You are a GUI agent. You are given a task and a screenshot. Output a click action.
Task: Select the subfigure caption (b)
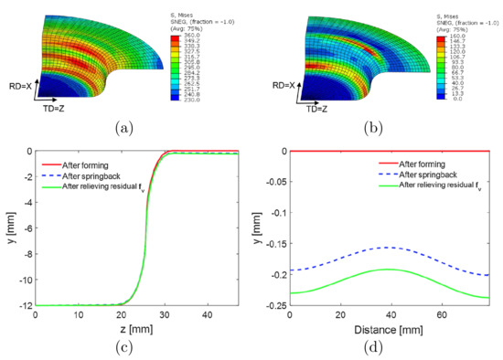(x=373, y=129)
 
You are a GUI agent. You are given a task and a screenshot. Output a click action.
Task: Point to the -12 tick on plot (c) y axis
(x=25, y=305)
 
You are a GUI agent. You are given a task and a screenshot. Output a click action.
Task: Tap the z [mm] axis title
(x=133, y=325)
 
